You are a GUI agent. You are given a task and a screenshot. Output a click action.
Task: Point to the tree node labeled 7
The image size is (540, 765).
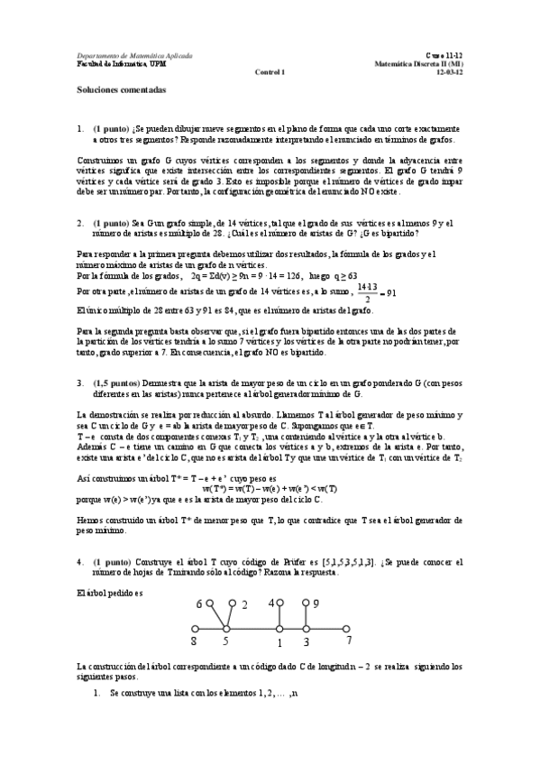click(348, 629)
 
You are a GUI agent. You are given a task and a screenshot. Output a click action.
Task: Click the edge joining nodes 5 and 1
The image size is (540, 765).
click(252, 629)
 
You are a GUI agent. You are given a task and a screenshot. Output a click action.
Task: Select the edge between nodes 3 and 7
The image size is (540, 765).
click(326, 629)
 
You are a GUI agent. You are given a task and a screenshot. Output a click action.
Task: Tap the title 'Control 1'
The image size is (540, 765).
click(270, 72)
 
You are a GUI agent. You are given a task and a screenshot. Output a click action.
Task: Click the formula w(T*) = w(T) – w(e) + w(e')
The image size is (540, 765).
click(270, 487)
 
